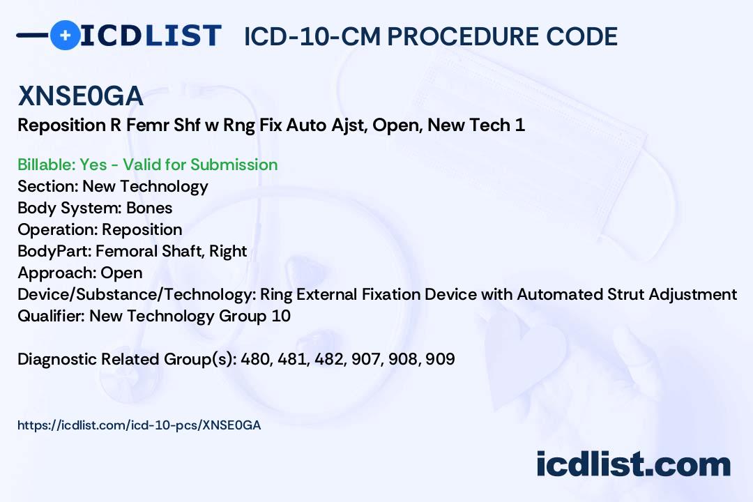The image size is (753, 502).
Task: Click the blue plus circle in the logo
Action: (x=65, y=35)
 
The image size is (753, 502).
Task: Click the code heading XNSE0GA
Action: (x=80, y=97)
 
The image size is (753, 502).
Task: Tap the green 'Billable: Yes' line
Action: (x=147, y=165)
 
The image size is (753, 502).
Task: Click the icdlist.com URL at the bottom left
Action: (x=139, y=425)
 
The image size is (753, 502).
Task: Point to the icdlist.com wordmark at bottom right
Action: (x=633, y=464)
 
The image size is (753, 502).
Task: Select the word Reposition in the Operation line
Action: (x=142, y=229)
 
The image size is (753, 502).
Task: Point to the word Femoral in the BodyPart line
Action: (x=124, y=251)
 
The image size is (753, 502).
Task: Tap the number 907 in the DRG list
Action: (x=374, y=359)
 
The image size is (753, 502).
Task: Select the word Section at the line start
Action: (x=47, y=186)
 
